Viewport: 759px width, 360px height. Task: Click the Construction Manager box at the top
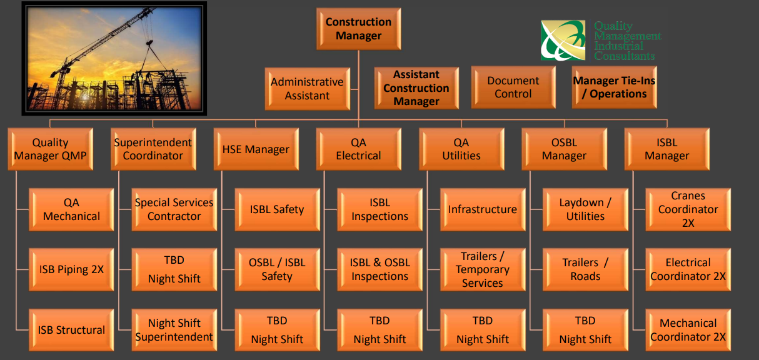[x=358, y=29]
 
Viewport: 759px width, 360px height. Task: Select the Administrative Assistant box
[x=307, y=89]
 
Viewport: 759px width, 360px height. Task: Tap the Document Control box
[x=513, y=87]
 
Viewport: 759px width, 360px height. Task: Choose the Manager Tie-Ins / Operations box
[x=614, y=87]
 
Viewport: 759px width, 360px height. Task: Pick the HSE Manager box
[x=256, y=149]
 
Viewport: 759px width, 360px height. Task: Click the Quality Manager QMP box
[x=50, y=149]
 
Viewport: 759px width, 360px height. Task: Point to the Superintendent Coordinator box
[x=153, y=149]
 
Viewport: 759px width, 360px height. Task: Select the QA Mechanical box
[x=71, y=209]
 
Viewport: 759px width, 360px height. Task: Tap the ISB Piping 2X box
[x=71, y=269]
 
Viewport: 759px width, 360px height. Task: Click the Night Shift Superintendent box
[x=174, y=330]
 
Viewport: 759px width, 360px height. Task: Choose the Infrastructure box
[x=483, y=209]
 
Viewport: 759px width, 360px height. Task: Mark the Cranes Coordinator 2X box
[x=688, y=209]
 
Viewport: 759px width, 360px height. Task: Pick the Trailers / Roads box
[x=585, y=269]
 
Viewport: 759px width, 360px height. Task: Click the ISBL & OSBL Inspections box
[x=380, y=269]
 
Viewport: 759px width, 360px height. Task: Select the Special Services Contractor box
[x=174, y=209]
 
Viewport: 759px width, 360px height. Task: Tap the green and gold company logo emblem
[x=563, y=40]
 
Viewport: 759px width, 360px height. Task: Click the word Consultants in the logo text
[x=624, y=56]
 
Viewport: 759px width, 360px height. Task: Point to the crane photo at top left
[x=114, y=59]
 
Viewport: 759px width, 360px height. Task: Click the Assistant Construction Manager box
[x=416, y=88]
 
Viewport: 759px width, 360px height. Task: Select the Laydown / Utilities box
[x=585, y=209]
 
